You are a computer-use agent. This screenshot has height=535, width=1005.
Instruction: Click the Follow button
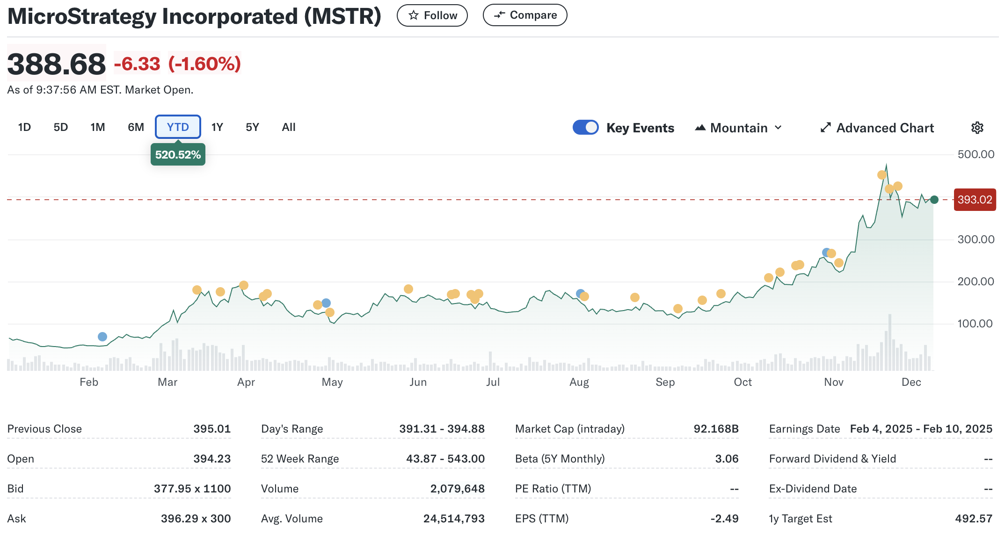click(432, 15)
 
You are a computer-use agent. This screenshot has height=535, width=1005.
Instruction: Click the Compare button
click(524, 15)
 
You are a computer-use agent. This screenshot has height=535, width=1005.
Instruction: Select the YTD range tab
click(178, 127)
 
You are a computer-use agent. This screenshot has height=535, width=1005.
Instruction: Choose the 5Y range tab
click(252, 127)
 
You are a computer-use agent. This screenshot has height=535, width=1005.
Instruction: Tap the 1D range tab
click(24, 127)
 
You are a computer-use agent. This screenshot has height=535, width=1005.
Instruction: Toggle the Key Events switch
click(585, 128)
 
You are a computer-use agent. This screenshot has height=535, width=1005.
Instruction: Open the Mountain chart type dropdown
click(738, 128)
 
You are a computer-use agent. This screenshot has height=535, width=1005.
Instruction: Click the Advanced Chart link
click(877, 128)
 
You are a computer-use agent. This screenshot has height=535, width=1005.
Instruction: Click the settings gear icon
click(977, 128)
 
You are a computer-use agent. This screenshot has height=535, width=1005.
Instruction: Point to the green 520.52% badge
click(178, 155)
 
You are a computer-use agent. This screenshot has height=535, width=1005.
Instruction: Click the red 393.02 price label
click(975, 200)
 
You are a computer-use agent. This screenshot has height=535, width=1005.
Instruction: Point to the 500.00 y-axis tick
click(976, 154)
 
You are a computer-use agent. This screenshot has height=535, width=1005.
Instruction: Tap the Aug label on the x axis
click(579, 382)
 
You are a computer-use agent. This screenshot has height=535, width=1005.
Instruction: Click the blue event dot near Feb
click(102, 337)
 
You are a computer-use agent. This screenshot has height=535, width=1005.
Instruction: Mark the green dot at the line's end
click(934, 200)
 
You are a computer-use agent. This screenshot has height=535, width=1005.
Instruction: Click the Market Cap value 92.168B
click(716, 429)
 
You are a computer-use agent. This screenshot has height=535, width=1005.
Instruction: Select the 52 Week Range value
click(445, 459)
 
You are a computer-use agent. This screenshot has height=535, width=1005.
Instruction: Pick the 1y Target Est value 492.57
click(973, 519)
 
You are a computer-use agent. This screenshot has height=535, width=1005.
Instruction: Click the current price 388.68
click(57, 64)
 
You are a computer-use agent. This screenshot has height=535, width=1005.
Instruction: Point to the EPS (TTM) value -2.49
click(724, 519)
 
